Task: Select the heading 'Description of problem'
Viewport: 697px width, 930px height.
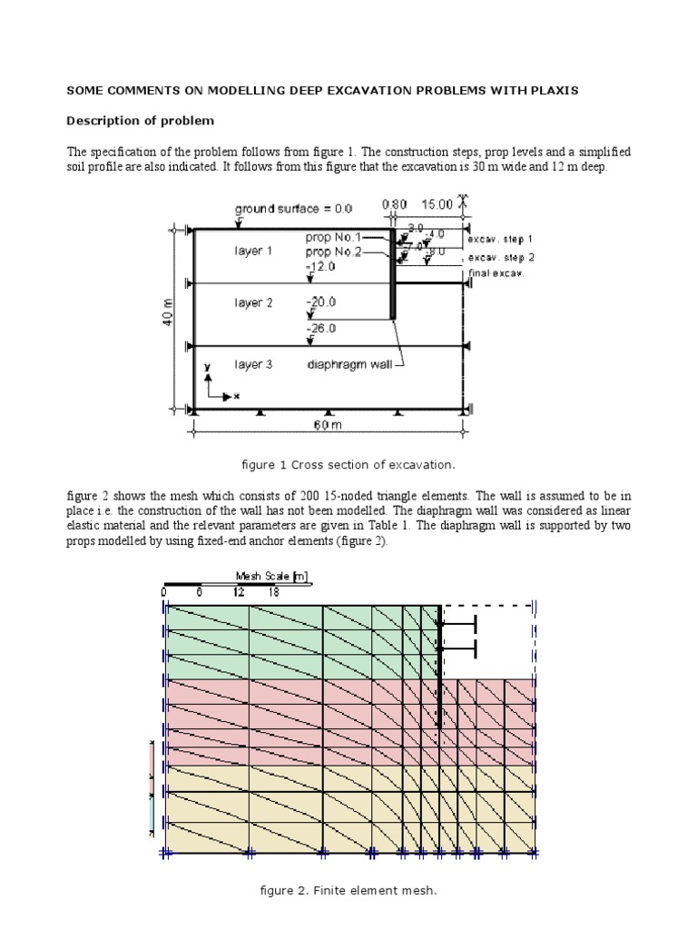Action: [x=140, y=121]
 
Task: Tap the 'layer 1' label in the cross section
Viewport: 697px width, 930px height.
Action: [x=253, y=251]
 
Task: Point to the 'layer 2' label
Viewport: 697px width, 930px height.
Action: [x=253, y=302]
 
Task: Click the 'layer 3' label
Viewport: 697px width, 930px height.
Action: [x=253, y=364]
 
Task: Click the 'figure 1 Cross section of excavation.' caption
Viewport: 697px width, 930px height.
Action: [x=348, y=464]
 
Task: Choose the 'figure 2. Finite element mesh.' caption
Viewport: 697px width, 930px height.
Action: [x=348, y=891]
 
